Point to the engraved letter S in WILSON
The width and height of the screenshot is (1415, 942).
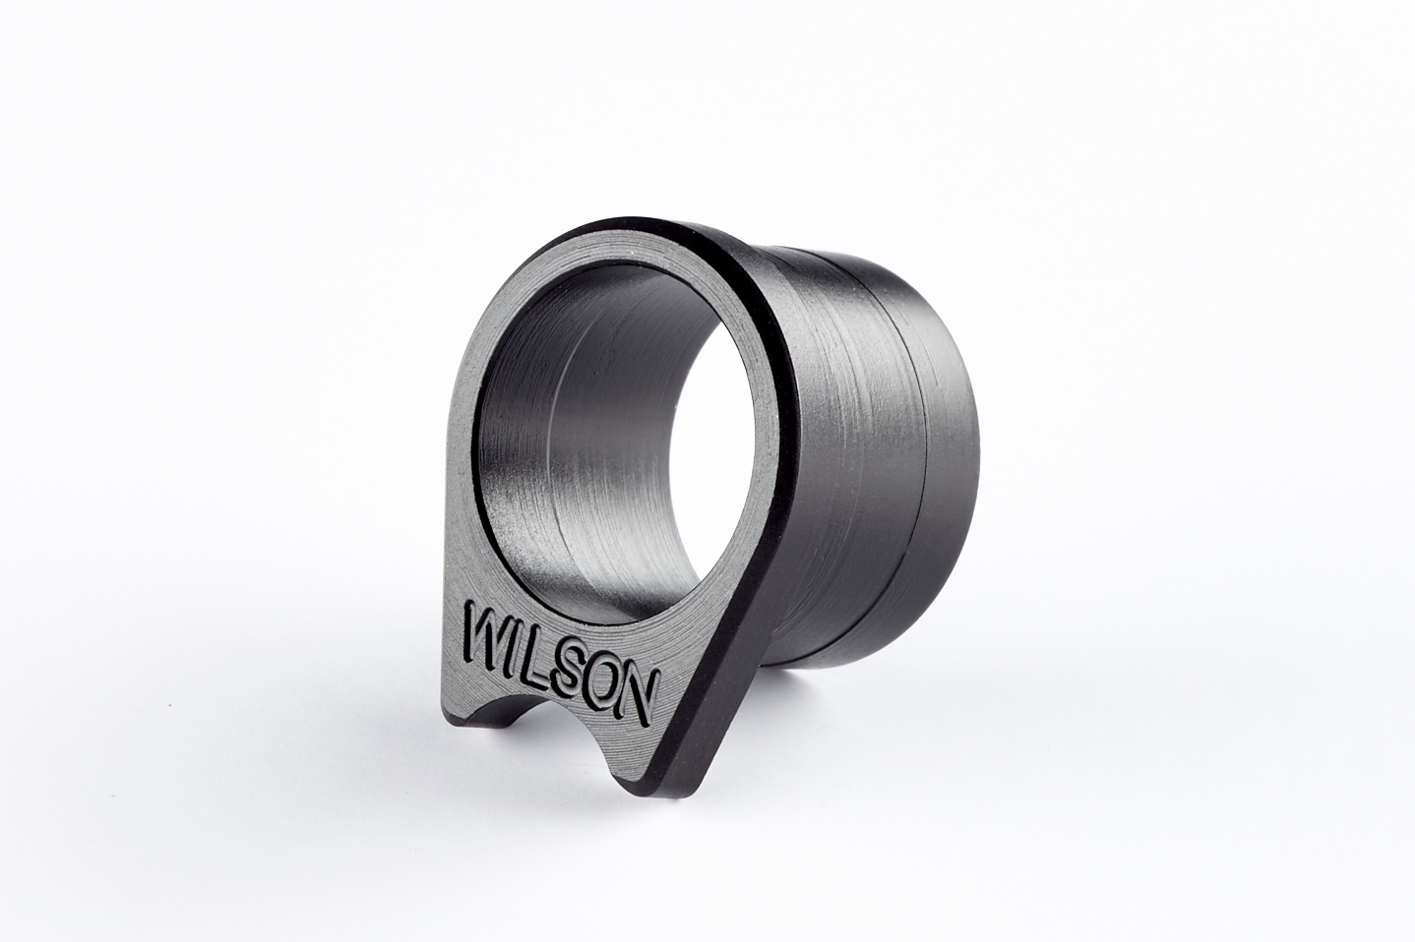click(x=567, y=666)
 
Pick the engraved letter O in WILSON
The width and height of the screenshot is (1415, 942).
click(x=602, y=681)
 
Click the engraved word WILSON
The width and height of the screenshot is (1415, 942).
click(x=562, y=664)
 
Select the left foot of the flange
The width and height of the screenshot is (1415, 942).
click(x=455, y=720)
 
